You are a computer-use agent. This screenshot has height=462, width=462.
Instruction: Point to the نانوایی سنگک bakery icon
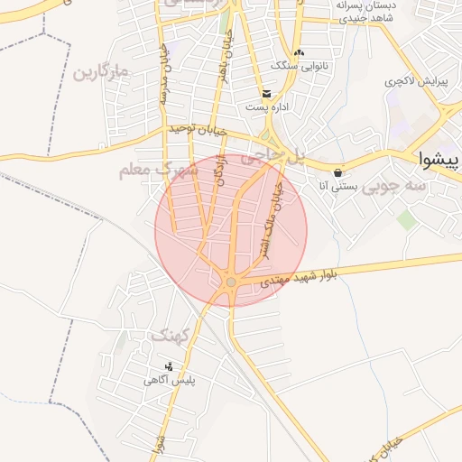pos(300,52)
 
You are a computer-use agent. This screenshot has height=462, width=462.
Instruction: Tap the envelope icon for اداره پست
pos(266,93)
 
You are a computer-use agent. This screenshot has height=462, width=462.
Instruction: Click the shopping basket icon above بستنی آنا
pos(338,172)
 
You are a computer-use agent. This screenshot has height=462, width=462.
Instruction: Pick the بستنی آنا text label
pos(339,187)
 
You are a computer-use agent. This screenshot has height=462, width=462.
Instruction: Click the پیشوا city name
pos(439,161)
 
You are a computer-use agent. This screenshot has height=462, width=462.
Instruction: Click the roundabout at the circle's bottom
pos(231,282)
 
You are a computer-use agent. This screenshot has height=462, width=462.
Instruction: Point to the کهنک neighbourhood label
pos(170,336)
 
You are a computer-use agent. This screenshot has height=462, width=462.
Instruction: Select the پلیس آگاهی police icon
pos(169,365)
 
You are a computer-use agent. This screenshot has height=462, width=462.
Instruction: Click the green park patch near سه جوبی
pos(407,219)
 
